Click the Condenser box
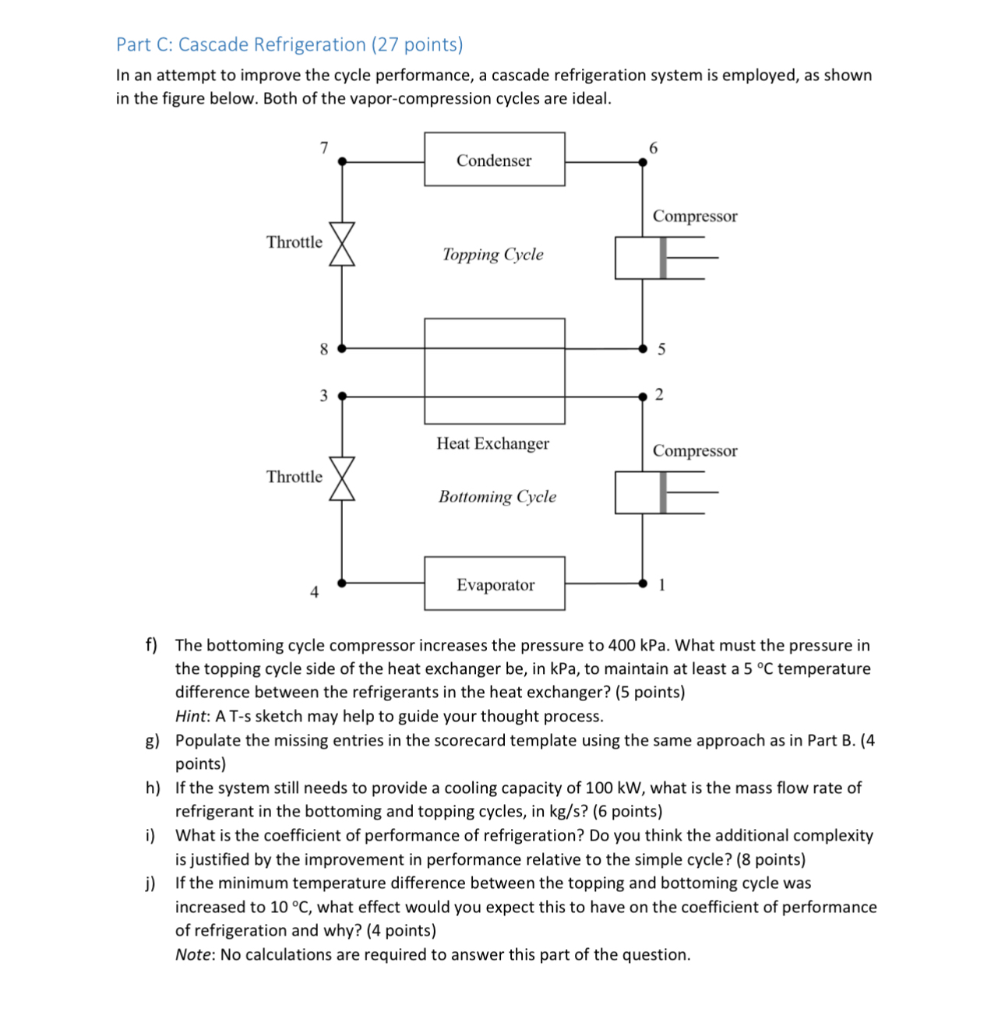click(x=494, y=160)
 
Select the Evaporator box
click(x=495, y=584)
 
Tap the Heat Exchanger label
click(x=492, y=443)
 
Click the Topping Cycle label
click(x=492, y=255)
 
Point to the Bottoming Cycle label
click(x=497, y=497)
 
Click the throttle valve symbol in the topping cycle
click(x=342, y=244)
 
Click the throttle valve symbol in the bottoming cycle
click(x=342, y=478)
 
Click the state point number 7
click(x=324, y=147)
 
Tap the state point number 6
click(x=653, y=147)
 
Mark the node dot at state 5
click(x=643, y=348)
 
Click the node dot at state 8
click(x=342, y=348)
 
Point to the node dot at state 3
click(x=342, y=396)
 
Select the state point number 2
click(x=659, y=395)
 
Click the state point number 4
click(x=314, y=592)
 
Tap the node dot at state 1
click(x=643, y=583)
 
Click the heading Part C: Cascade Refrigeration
click(x=289, y=44)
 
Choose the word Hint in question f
click(x=191, y=717)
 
